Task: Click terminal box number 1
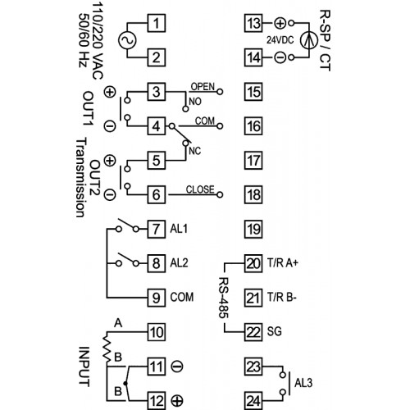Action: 157,23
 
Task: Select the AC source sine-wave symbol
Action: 127,40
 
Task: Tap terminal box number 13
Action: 253,23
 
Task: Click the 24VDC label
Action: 280,40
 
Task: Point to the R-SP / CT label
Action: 326,40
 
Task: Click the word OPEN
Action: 203,87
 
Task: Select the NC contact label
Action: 195,151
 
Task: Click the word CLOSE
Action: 200,189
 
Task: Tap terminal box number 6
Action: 157,194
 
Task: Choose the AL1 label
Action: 179,229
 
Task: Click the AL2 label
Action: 179,263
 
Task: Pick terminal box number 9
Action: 157,298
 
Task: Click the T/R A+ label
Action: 283,263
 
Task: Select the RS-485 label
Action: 224,298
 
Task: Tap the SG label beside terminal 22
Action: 274,331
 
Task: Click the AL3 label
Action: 303,383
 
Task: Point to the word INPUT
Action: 84,367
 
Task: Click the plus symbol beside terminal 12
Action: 177,401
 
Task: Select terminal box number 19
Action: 253,229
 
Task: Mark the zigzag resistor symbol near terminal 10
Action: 107,348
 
